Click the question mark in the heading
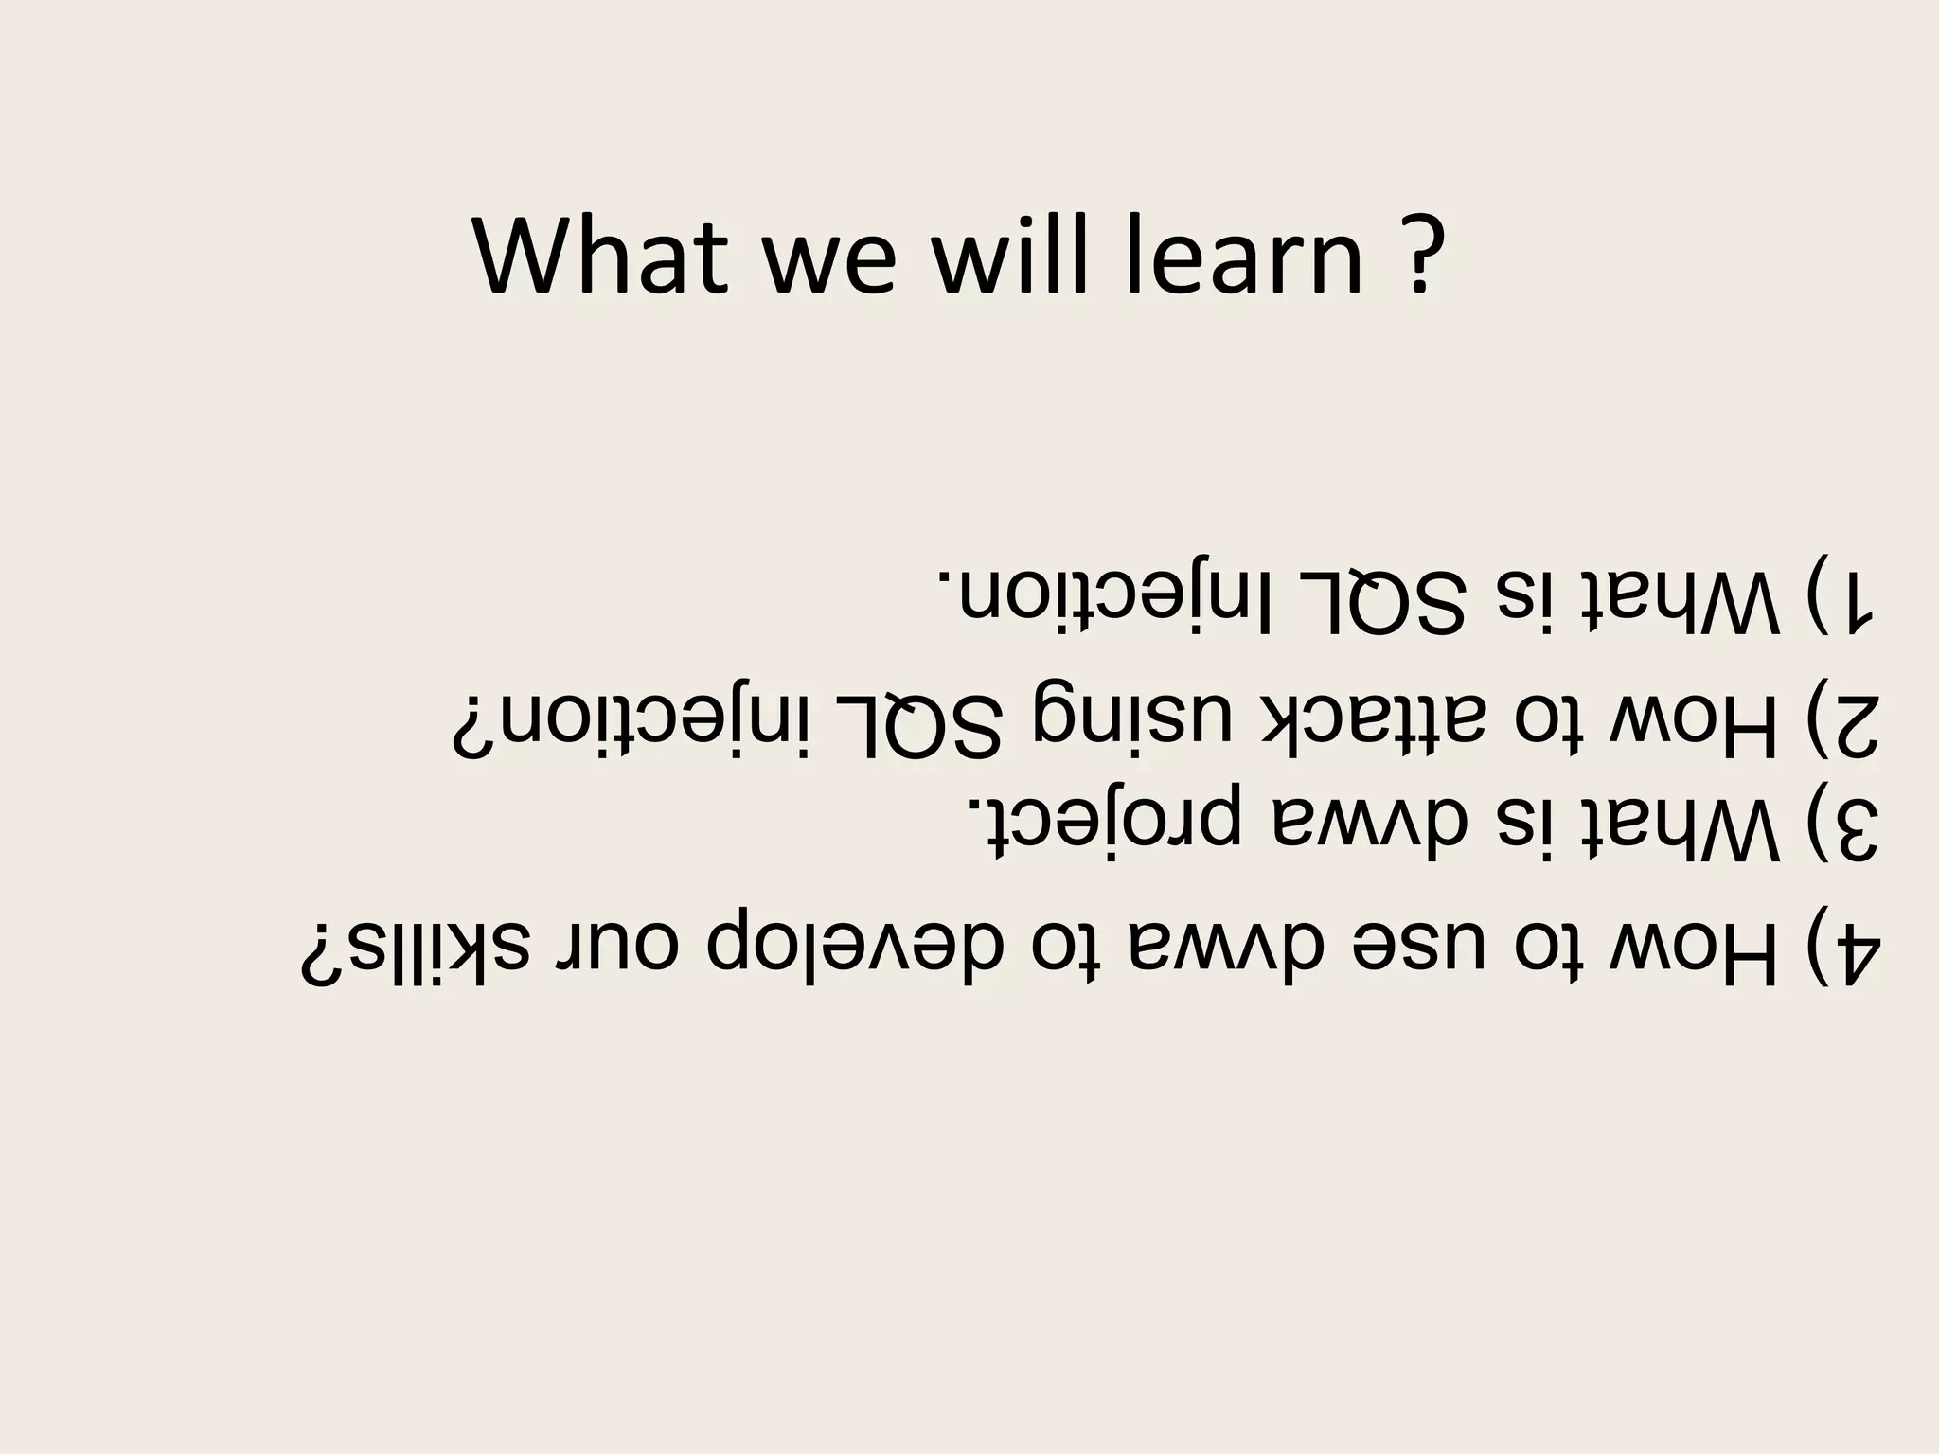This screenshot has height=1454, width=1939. (1418, 257)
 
